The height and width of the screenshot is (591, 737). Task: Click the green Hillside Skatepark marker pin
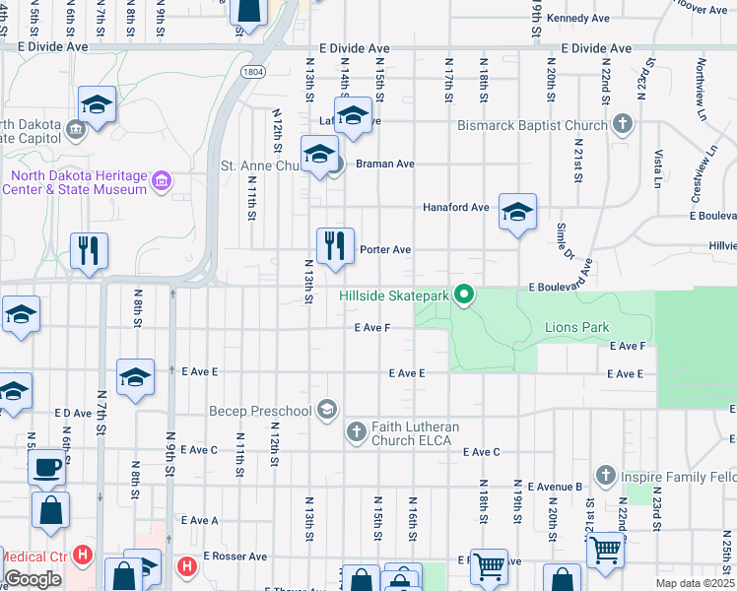(466, 295)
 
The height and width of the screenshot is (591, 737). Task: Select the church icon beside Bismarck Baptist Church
(622, 125)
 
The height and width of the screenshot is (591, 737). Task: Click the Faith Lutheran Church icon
(357, 430)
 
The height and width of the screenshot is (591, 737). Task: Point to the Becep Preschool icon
(327, 410)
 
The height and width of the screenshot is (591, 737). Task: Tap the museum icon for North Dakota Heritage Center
(163, 181)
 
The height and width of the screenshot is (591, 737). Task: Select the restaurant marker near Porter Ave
(335, 245)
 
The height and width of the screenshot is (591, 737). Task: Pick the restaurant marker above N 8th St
(89, 250)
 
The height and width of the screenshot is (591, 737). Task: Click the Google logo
(33, 579)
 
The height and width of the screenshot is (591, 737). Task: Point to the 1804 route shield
(253, 72)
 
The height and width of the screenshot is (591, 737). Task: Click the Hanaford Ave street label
(455, 208)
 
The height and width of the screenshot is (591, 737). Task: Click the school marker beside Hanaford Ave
(517, 212)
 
